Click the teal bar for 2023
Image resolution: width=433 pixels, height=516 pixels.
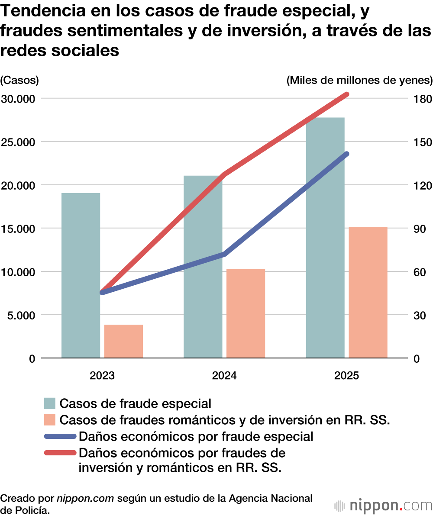[x=81, y=275]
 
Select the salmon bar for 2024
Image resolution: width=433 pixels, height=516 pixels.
[x=246, y=313]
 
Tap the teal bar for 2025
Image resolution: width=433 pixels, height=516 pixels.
[x=325, y=238]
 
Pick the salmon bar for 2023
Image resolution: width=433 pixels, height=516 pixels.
[x=123, y=341]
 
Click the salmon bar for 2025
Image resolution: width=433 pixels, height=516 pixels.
[x=368, y=292]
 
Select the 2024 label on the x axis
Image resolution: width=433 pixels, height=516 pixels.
[x=224, y=375]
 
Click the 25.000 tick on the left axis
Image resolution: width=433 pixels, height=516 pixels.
[x=19, y=142]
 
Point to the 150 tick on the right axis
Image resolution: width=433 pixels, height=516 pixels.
[x=420, y=142]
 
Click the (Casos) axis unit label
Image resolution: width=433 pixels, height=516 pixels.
[x=19, y=80]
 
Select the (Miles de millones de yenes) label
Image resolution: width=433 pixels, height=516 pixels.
[x=359, y=80]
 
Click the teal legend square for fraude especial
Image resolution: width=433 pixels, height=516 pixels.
[x=50, y=403]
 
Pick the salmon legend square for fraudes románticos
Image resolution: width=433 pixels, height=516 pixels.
[x=50, y=420]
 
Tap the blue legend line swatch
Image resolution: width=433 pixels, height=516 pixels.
[x=60, y=436]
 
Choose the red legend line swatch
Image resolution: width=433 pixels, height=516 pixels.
[x=60, y=453]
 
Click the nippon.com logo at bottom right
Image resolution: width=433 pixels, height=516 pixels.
[x=383, y=505]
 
